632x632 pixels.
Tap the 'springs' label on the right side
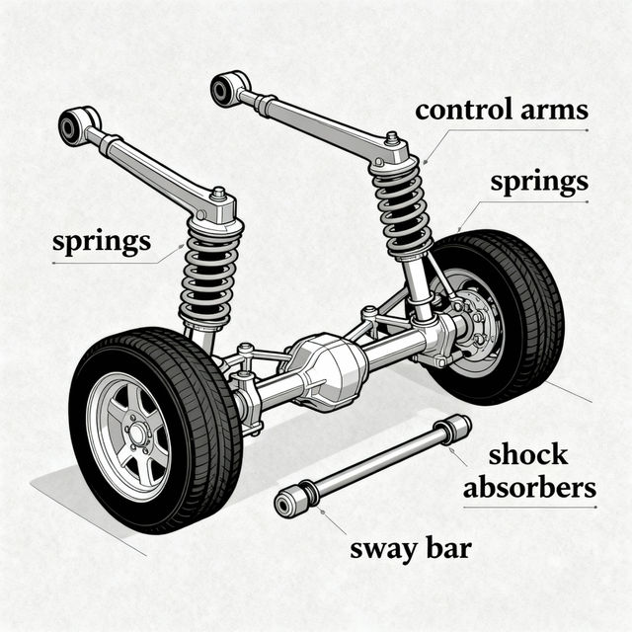[x=540, y=183]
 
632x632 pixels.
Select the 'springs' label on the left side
[x=103, y=241]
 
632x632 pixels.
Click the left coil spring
[x=208, y=276]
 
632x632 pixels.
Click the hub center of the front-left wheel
[x=136, y=432]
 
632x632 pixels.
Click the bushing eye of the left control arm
[x=72, y=126]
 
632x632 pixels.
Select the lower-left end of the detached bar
[x=291, y=502]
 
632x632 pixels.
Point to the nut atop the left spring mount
[x=218, y=194]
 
